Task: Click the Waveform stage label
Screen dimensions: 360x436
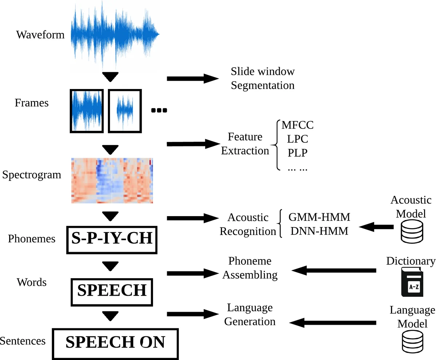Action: coord(40,35)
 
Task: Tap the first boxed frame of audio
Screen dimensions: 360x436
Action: coord(87,111)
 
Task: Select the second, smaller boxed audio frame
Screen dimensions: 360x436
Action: coord(124,111)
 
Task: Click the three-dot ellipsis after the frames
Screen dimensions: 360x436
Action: coord(159,110)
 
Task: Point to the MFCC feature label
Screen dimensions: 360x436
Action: coord(297,126)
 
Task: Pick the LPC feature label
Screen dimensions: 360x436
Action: coord(297,139)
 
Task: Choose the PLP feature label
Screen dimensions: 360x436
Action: coord(297,153)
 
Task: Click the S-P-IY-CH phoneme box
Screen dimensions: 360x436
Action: coord(112,240)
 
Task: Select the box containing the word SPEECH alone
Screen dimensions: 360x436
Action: coord(112,291)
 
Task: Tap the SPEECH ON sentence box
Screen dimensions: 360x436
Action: coord(115,343)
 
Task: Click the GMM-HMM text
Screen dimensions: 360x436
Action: coord(319,217)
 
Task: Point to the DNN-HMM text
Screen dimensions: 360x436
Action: coord(319,231)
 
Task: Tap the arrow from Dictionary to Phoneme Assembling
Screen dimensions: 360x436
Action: coord(334,270)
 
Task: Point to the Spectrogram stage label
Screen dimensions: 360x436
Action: coord(32,175)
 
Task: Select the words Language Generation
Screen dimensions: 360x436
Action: coord(250,315)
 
